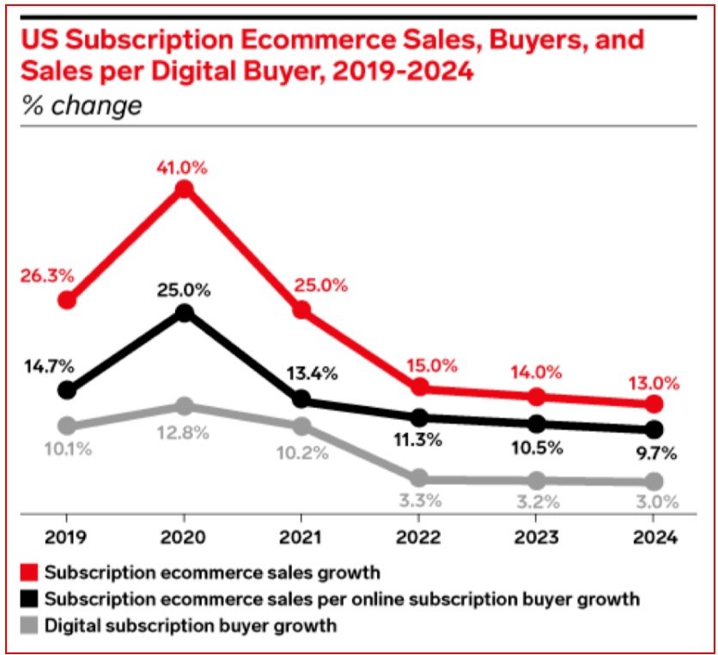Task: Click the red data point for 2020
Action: tap(184, 190)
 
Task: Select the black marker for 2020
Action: tap(184, 313)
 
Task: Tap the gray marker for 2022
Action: tap(418, 478)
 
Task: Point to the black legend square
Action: tap(29, 598)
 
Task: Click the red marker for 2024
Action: tap(654, 404)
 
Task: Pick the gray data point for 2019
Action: tap(67, 426)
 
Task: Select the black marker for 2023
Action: tap(536, 424)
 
